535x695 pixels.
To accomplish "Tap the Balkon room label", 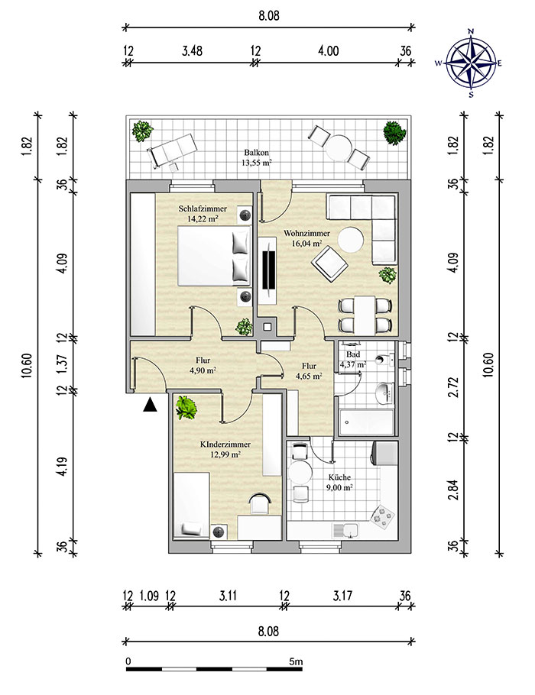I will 257,152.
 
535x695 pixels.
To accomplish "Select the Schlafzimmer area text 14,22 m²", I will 202,218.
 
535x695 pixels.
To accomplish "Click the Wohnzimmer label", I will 306,234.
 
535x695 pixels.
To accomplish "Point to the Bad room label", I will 353,355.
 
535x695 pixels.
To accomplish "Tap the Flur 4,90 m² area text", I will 203,370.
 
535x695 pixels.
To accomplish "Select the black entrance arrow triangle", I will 151,406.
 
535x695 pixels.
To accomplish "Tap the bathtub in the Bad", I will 365,420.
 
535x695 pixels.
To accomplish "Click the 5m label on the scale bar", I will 297,661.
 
